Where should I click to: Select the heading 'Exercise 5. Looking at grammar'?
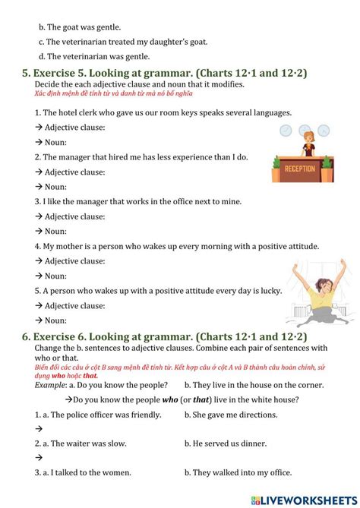[162, 73]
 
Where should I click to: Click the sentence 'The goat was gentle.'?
[79, 27]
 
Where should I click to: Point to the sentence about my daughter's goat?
[126, 41]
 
